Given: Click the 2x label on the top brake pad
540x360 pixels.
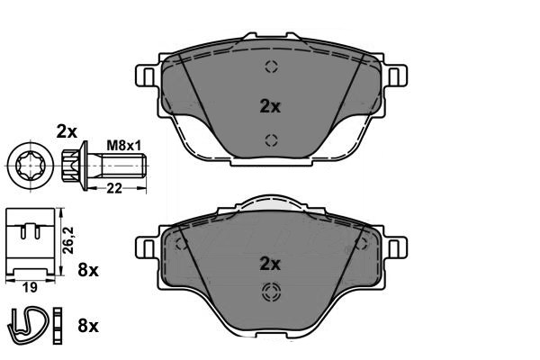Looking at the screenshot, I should (270, 105).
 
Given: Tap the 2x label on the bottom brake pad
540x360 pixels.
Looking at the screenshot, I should (270, 264).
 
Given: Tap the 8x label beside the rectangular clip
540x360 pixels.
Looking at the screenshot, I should (88, 269).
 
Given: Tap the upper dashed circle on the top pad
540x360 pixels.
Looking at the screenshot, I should (270, 67).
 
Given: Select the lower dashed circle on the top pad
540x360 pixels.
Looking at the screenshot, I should (270, 139).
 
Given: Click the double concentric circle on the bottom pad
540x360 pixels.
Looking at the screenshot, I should (270, 292).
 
